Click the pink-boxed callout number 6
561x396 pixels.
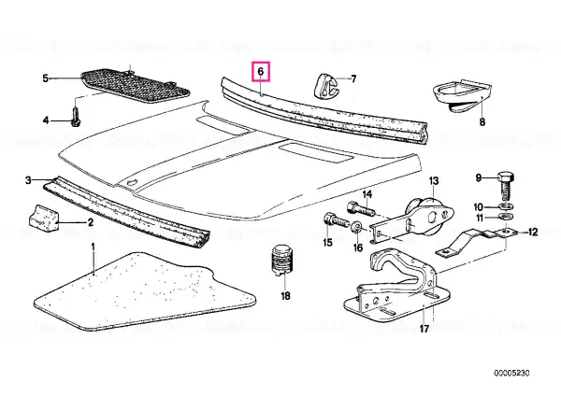tap(261, 72)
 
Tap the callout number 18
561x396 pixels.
tap(285, 296)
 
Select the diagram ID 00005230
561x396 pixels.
tap(511, 374)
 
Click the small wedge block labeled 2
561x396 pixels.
tap(44, 218)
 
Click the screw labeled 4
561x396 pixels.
tap(76, 117)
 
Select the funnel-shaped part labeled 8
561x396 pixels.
tap(461, 96)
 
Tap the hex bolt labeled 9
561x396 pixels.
tap(505, 186)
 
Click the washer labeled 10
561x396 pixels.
tap(506, 206)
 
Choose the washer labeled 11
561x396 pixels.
tap(505, 217)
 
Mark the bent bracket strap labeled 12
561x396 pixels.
tap(476, 242)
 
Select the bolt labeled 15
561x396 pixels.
tap(337, 221)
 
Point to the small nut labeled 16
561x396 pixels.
tap(356, 228)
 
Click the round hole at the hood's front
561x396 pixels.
tap(132, 183)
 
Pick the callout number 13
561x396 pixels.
tap(434, 181)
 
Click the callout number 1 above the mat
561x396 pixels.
tap(93, 247)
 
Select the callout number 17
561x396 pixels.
tap(424, 329)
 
